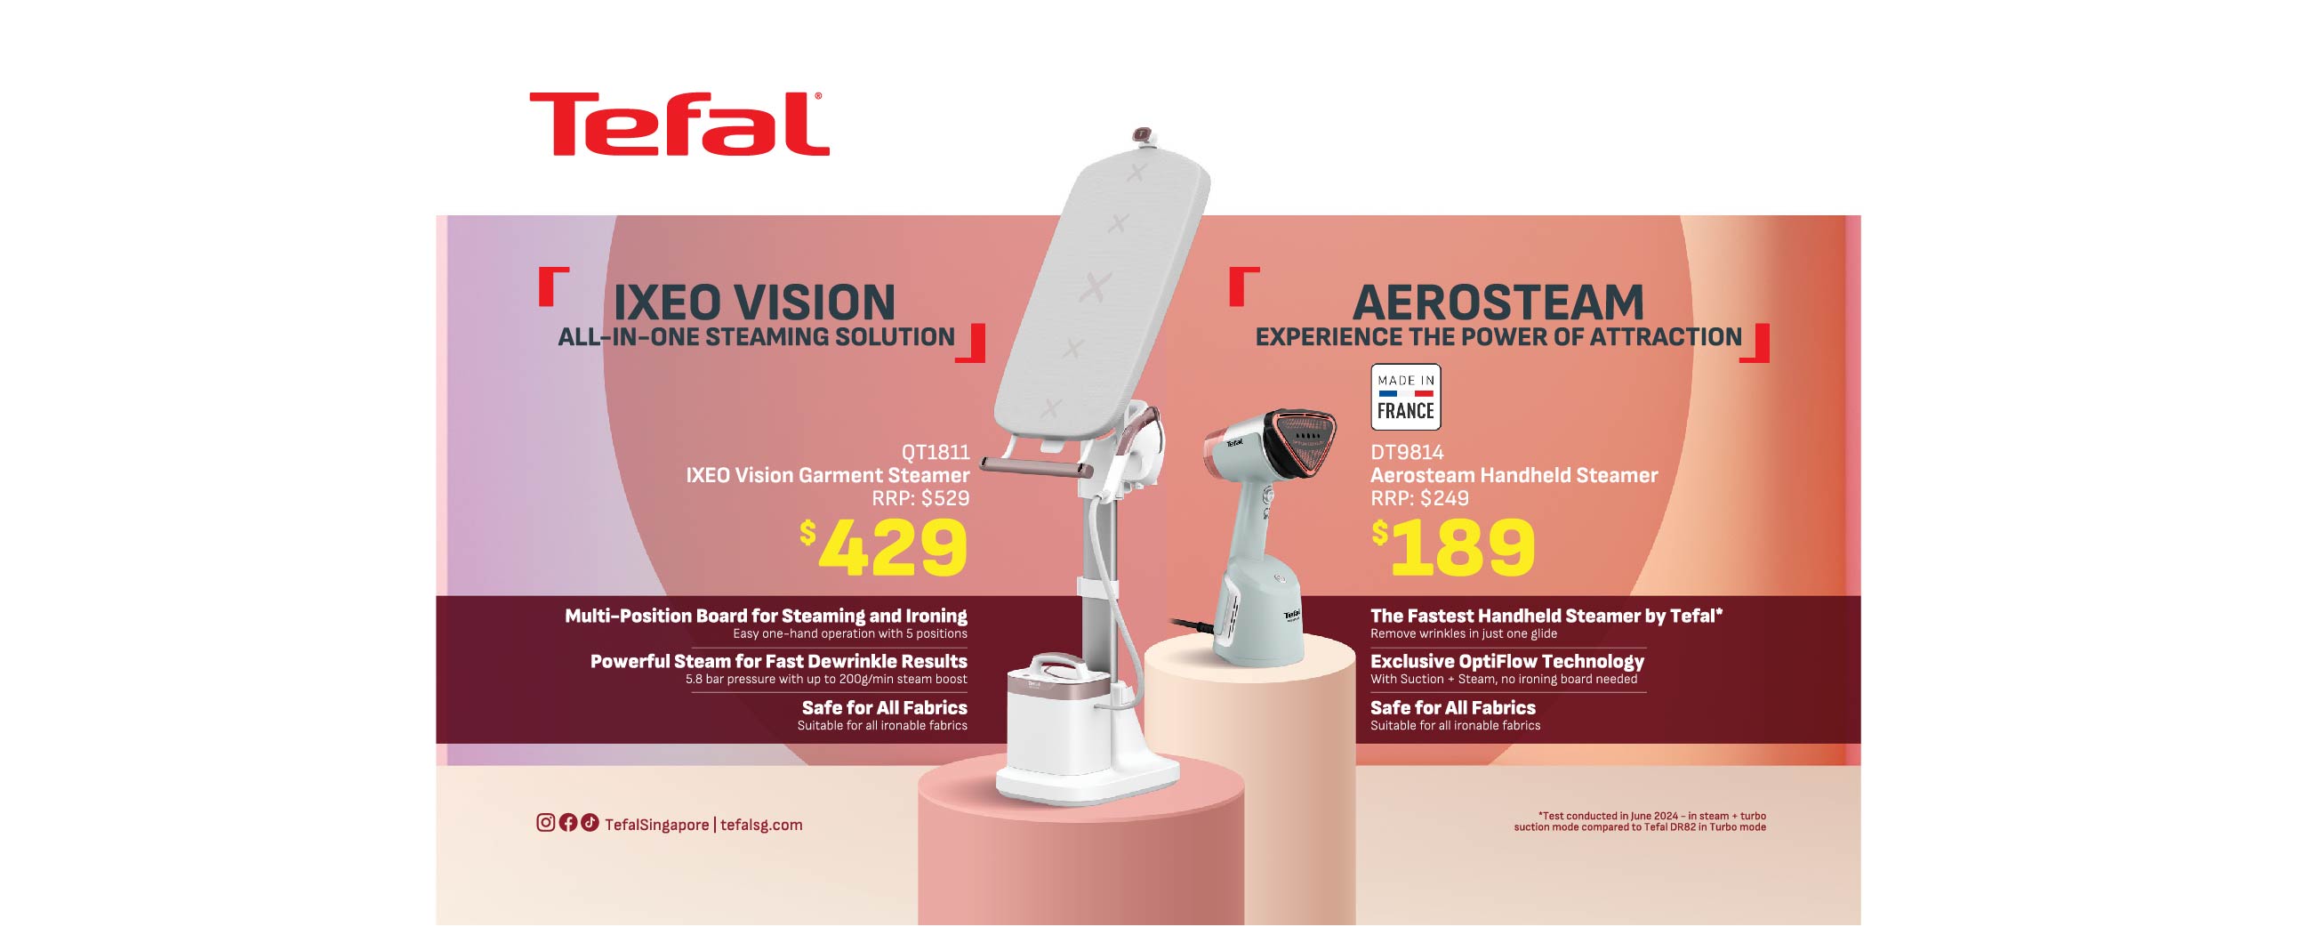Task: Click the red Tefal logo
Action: [679, 124]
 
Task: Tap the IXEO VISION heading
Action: [753, 302]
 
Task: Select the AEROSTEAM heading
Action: [1498, 302]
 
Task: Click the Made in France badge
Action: [1405, 397]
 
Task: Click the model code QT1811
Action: [935, 452]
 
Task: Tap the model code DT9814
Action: [1407, 452]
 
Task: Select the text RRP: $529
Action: [920, 499]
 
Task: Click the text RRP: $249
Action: [1419, 499]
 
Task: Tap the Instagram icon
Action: [546, 823]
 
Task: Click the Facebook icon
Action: [568, 823]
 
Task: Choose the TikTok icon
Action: [590, 823]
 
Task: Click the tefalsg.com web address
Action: [761, 826]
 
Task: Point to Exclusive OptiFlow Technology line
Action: [1507, 662]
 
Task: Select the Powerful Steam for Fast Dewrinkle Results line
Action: [778, 662]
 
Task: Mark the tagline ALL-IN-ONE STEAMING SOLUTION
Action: [756, 337]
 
